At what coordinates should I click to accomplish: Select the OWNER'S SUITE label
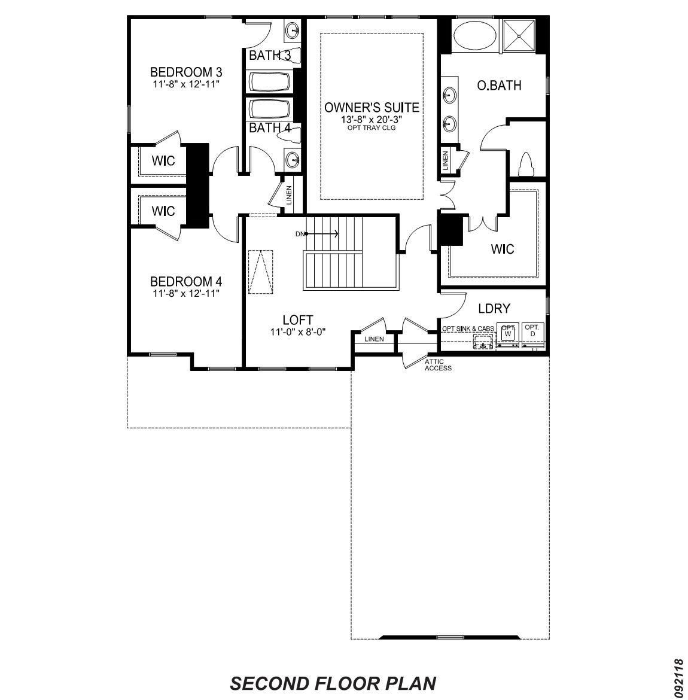point(372,108)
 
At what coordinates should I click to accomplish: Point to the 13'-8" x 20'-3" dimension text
point(372,120)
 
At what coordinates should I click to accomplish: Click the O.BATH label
point(498,86)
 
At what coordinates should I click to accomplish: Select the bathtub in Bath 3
point(270,83)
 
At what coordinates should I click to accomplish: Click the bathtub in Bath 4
point(270,108)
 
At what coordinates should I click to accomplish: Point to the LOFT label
point(297,320)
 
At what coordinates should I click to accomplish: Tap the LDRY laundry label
point(494,309)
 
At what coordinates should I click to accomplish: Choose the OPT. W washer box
point(508,334)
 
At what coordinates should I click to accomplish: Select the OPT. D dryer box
point(532,334)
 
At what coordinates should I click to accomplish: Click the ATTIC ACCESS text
point(438,365)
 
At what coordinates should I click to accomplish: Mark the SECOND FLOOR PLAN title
point(333,683)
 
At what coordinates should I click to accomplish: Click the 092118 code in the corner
point(678,677)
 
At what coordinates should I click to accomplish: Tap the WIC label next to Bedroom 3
point(163,161)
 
